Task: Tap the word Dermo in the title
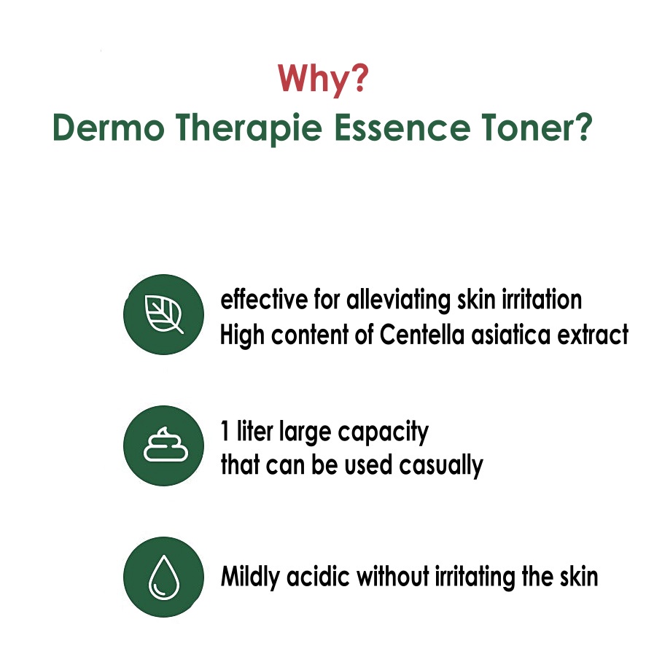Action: (x=109, y=128)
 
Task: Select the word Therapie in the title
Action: (x=249, y=128)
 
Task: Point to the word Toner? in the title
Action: (x=537, y=128)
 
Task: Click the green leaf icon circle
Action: (x=163, y=314)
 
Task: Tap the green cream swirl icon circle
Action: (x=163, y=445)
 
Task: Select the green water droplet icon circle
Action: (x=163, y=577)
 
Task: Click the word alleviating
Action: (x=398, y=300)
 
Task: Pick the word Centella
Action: (x=422, y=334)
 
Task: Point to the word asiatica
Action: (x=511, y=334)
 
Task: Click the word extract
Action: (x=593, y=335)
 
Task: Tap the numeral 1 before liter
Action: (x=225, y=432)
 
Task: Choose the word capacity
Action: (x=383, y=433)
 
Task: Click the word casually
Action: (x=441, y=466)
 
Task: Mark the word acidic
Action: (x=318, y=576)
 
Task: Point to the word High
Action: (x=242, y=335)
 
